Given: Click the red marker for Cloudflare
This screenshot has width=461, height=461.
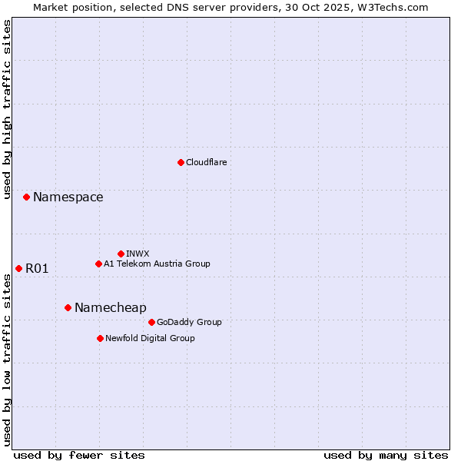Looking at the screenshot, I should click(x=181, y=162).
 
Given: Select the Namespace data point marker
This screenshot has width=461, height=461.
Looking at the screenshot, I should click(x=26, y=197).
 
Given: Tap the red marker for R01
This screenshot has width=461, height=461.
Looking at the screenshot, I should click(x=18, y=268).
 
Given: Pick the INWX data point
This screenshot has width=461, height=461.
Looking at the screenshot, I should click(x=121, y=254).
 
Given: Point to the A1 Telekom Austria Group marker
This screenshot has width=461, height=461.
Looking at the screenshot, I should click(x=98, y=264).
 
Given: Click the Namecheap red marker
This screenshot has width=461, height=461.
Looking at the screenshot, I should click(x=68, y=307).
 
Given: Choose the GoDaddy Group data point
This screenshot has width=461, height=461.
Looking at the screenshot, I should click(x=151, y=322).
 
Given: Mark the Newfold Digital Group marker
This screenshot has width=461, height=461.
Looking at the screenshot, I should click(x=100, y=338).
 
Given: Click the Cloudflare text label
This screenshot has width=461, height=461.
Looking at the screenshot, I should click(x=207, y=162).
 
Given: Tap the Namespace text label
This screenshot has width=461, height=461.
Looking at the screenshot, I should click(x=68, y=197).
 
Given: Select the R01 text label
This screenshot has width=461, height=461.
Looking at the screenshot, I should click(x=37, y=268).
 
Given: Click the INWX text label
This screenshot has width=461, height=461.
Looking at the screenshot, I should click(x=138, y=254).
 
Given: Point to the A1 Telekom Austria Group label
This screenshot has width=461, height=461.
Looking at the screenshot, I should click(x=157, y=264).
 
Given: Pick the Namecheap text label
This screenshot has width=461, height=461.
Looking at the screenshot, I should click(x=110, y=307).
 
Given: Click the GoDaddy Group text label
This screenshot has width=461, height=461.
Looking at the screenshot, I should click(x=189, y=322).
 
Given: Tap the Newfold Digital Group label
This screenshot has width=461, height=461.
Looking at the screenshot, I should click(x=150, y=338).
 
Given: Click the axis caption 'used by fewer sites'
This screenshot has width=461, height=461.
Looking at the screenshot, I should click(x=79, y=455).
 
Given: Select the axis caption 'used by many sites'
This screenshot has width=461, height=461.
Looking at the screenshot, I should click(x=386, y=455).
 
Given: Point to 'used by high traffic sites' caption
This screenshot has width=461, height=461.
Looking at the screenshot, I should click(x=7, y=109).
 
